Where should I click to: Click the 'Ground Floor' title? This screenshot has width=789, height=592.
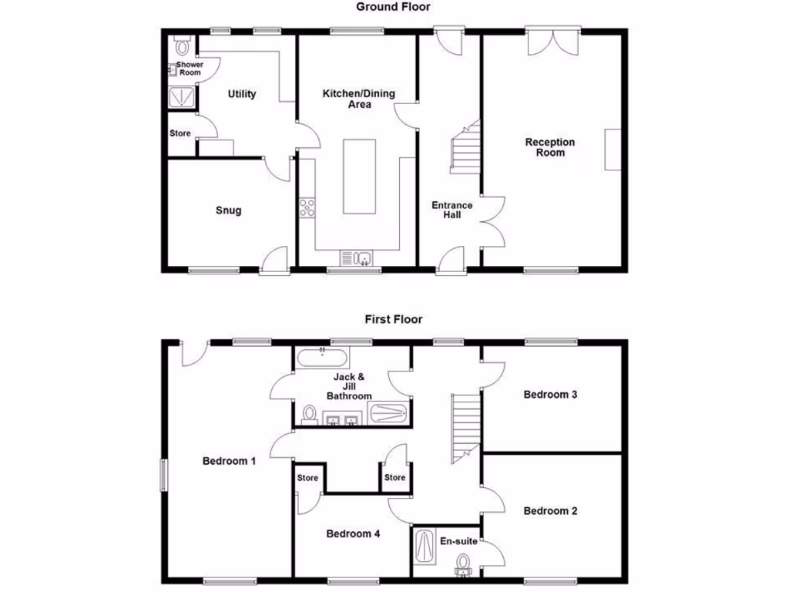pyautogui.click(x=393, y=7)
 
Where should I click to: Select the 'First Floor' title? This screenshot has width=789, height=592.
pyautogui.click(x=393, y=318)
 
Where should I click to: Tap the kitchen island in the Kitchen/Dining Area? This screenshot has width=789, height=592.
pyautogui.click(x=359, y=177)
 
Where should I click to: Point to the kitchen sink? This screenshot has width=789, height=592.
pyautogui.click(x=359, y=258)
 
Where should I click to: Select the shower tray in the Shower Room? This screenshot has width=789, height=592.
pyautogui.click(x=183, y=97)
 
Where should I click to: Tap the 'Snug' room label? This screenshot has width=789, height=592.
pyautogui.click(x=229, y=210)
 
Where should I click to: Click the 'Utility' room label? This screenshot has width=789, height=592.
pyautogui.click(x=242, y=94)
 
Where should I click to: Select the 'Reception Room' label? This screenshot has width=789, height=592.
pyautogui.click(x=550, y=147)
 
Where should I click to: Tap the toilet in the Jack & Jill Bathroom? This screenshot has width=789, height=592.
pyautogui.click(x=310, y=415)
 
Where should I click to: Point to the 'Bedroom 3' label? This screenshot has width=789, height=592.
pyautogui.click(x=550, y=395)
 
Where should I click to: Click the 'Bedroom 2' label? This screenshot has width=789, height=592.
pyautogui.click(x=550, y=510)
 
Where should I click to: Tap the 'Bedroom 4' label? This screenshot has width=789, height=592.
pyautogui.click(x=353, y=533)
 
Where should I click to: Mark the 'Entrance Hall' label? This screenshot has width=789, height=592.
pyautogui.click(x=452, y=210)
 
